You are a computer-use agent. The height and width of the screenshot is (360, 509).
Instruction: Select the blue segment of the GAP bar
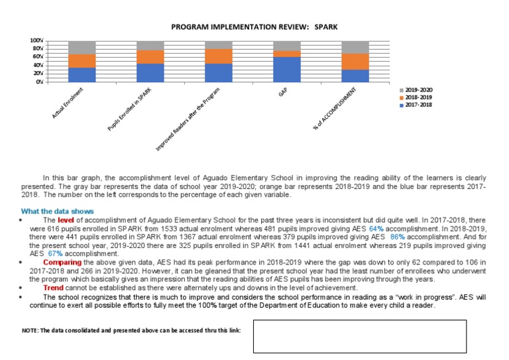point(287,69)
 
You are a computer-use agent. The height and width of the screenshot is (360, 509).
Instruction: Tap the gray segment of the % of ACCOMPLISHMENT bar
point(355,47)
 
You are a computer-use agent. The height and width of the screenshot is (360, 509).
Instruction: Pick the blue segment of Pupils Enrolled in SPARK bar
point(150,73)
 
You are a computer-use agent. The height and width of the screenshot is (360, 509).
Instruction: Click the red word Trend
point(54,288)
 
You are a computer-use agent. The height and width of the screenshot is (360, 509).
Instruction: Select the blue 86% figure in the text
point(397,237)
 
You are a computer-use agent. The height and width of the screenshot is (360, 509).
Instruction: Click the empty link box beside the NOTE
point(360,336)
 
